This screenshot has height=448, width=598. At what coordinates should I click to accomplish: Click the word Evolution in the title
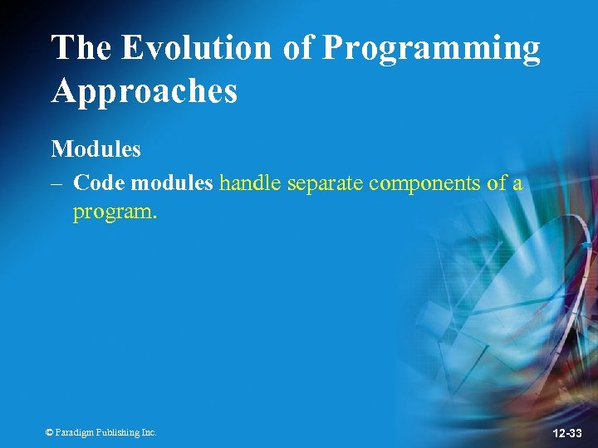tap(197, 48)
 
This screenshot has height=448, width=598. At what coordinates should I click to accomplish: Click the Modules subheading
tap(96, 149)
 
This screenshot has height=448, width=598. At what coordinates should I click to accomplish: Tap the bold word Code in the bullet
tap(99, 183)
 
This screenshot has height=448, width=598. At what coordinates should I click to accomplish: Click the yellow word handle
tap(248, 183)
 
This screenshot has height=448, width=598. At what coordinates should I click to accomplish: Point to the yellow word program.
tap(115, 213)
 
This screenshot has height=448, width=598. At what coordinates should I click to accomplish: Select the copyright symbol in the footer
tap(49, 432)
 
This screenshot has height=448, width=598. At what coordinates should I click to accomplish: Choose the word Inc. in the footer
tap(148, 432)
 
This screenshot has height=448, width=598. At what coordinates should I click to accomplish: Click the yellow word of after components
tap(497, 183)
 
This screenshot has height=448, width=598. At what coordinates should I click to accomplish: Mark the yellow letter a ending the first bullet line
tap(517, 185)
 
